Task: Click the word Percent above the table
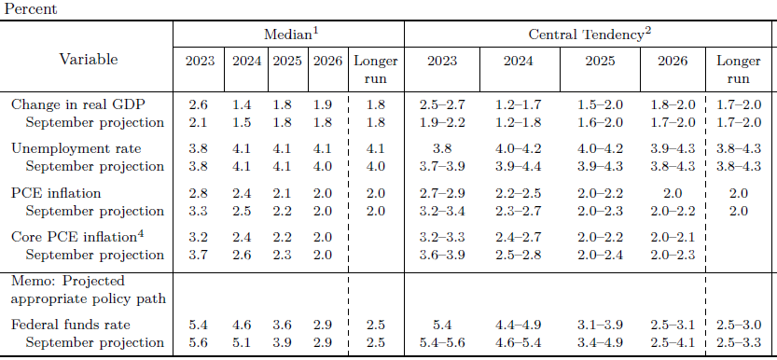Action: (x=30, y=9)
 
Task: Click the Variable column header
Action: (x=89, y=60)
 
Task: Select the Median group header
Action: (x=291, y=34)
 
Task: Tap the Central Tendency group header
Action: (x=590, y=34)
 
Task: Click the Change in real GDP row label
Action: (x=77, y=105)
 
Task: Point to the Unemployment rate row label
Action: (x=76, y=148)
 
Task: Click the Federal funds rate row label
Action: (x=71, y=325)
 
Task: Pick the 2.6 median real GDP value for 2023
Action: (x=198, y=105)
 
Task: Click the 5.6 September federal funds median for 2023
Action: (x=198, y=342)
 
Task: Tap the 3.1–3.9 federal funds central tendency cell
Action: (x=600, y=325)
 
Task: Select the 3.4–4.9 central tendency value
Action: (x=600, y=342)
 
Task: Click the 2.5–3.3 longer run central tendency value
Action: (x=739, y=342)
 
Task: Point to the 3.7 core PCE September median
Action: (x=198, y=255)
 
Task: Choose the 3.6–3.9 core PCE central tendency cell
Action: (x=442, y=255)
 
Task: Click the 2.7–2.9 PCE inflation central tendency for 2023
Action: (x=442, y=193)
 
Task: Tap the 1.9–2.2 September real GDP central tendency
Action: (x=442, y=122)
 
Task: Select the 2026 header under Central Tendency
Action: (x=673, y=61)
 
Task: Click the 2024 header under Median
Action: (x=246, y=61)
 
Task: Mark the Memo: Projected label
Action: (x=68, y=282)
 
